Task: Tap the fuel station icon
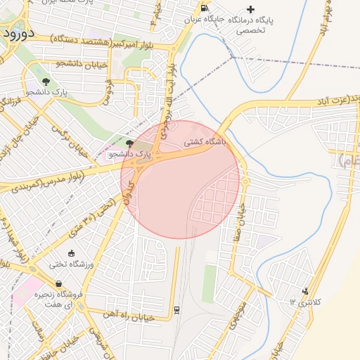point(204,8)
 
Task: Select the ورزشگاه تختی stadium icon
point(70,253)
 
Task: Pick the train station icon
point(176,309)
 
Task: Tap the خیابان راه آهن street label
point(129,316)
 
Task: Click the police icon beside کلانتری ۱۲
point(304,290)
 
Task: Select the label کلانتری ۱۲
point(304,302)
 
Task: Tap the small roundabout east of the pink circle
point(245,182)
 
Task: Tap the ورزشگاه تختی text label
point(70,264)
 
